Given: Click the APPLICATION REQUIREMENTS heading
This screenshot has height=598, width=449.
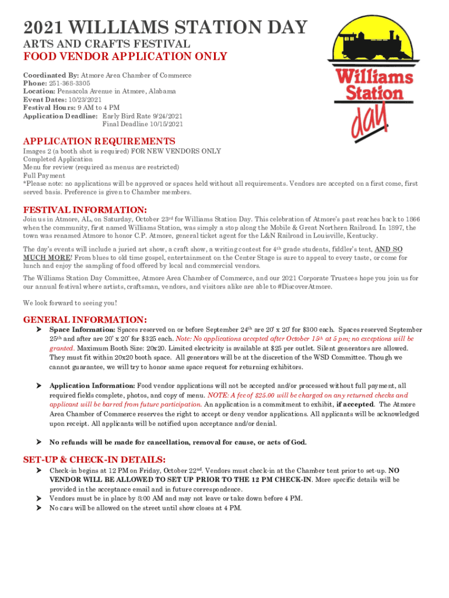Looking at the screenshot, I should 99,141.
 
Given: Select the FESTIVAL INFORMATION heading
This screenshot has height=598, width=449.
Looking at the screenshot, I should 85,210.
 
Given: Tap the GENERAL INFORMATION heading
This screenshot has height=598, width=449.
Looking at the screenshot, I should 85,319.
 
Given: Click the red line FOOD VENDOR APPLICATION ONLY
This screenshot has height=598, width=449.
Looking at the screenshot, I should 125,57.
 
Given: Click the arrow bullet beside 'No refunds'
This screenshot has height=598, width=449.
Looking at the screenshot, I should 38,442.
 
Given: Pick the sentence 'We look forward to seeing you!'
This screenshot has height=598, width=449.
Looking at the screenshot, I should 70,303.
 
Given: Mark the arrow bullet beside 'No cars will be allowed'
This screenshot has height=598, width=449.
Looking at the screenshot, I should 38,508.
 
